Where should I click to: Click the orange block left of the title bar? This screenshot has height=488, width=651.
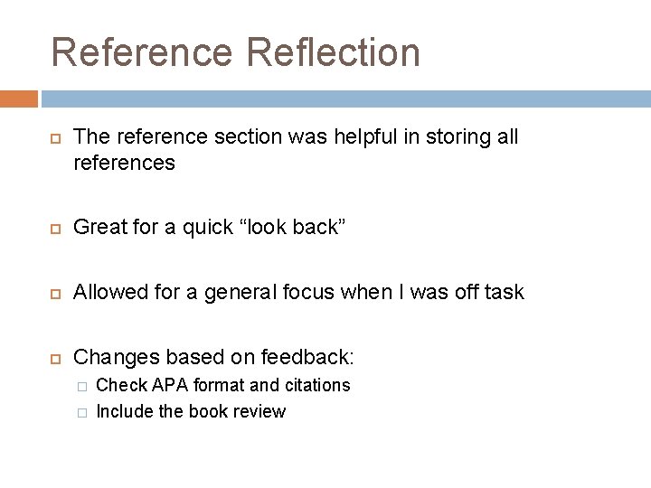point(18,98)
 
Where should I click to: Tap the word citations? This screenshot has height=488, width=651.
point(317,385)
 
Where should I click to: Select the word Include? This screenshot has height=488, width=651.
point(123,411)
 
